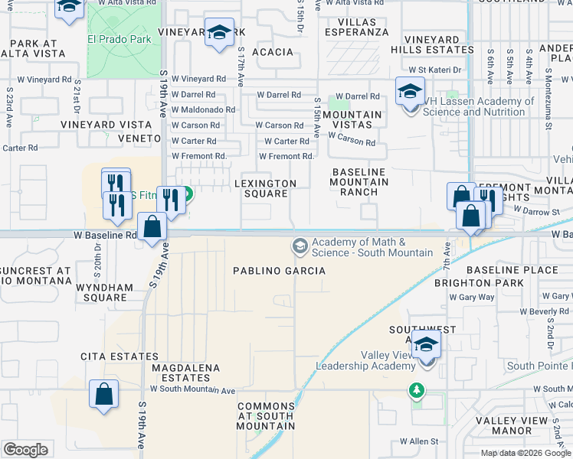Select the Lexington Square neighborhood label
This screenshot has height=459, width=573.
pyautogui.click(x=265, y=188)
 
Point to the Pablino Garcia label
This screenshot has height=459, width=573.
pyautogui.click(x=279, y=271)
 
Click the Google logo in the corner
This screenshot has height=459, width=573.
pyautogui.click(x=25, y=450)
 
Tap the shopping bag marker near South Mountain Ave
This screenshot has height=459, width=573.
pyautogui.click(x=103, y=394)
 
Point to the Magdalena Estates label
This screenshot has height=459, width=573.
pyautogui.click(x=186, y=373)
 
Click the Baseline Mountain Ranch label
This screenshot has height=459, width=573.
pyautogui.click(x=359, y=182)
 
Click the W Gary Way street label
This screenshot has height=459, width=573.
pyautogui.click(x=472, y=297)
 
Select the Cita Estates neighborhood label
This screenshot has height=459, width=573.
pyautogui.click(x=119, y=356)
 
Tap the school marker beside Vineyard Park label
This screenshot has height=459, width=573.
pyautogui.click(x=219, y=34)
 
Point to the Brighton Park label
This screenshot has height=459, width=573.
pyautogui.click(x=489, y=283)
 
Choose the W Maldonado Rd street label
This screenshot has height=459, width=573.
pyautogui.click(x=203, y=110)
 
